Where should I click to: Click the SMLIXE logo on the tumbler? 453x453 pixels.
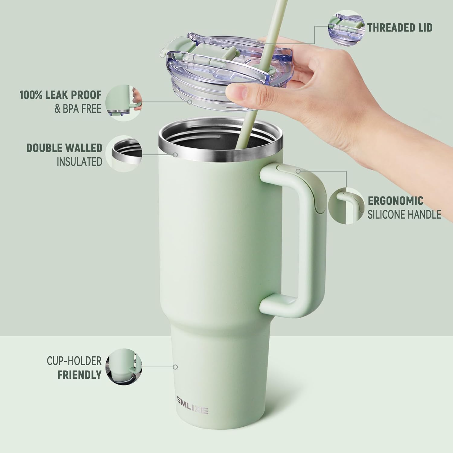(x=193, y=410)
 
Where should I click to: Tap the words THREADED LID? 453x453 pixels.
(x=400, y=28)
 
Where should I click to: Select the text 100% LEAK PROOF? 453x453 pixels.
(x=60, y=95)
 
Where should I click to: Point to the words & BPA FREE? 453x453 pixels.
(x=78, y=109)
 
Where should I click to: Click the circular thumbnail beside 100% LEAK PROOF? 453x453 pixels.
(x=125, y=103)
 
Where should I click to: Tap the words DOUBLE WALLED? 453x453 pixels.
(x=64, y=148)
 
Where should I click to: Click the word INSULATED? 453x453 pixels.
(x=79, y=162)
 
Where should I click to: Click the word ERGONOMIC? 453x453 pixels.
(x=395, y=201)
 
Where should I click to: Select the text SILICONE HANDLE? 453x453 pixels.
(x=404, y=215)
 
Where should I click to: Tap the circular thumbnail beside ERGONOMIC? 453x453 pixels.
(x=346, y=206)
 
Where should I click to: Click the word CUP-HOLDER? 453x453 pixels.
(x=74, y=361)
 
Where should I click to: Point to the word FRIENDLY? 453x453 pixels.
(x=79, y=375)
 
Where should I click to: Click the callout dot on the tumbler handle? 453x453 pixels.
(x=298, y=171)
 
